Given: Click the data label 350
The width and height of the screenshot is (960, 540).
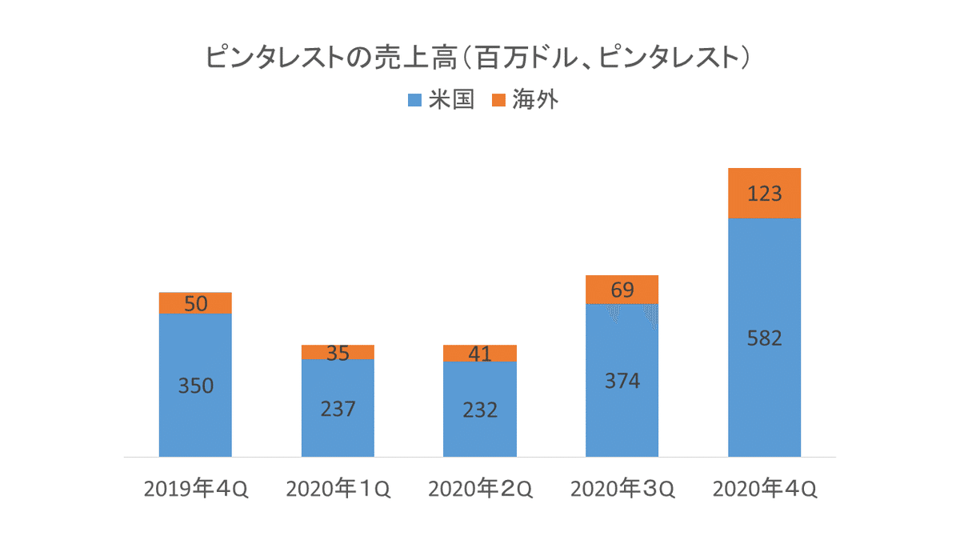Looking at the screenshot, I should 196,386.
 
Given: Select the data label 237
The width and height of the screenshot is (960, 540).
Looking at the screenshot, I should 338,409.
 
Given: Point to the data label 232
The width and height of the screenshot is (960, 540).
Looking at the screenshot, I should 480,410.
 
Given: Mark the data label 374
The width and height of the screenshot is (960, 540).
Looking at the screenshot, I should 622,381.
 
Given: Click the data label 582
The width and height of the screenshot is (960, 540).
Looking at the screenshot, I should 765,338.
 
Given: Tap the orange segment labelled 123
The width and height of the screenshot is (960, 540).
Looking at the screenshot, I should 765,194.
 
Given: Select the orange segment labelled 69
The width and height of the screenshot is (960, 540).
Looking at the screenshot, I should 622,290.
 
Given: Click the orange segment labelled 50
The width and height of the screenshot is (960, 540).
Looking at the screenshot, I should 196,303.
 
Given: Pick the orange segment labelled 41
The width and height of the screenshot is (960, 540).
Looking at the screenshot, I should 480,353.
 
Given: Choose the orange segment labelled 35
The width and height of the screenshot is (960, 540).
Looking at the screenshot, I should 338,352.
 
